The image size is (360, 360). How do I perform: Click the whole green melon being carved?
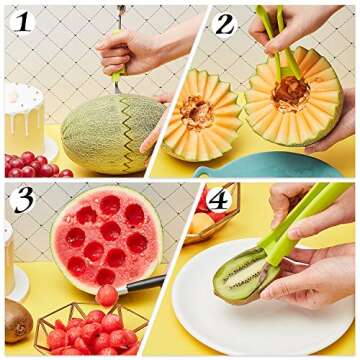pos(100,127)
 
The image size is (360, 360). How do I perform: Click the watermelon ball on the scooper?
pos(107,295)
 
